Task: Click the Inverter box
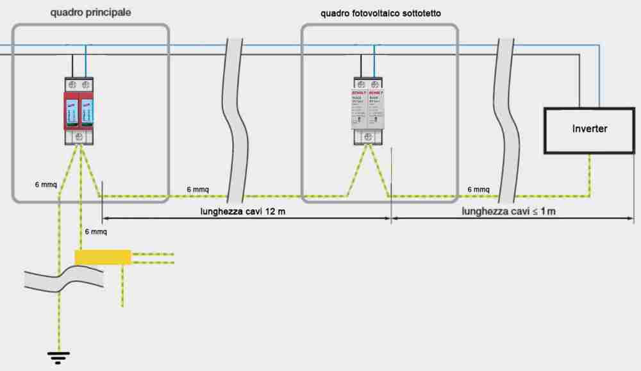tap(589, 129)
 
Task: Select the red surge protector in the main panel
tap(79, 110)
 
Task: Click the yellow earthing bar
tap(103, 257)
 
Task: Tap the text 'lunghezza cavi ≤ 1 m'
tap(508, 211)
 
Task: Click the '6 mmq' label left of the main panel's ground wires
tap(46, 185)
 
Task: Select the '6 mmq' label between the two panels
tap(197, 190)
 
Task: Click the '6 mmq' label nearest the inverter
tap(478, 190)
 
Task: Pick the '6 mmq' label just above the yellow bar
tap(96, 231)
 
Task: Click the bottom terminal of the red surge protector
tap(79, 136)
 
